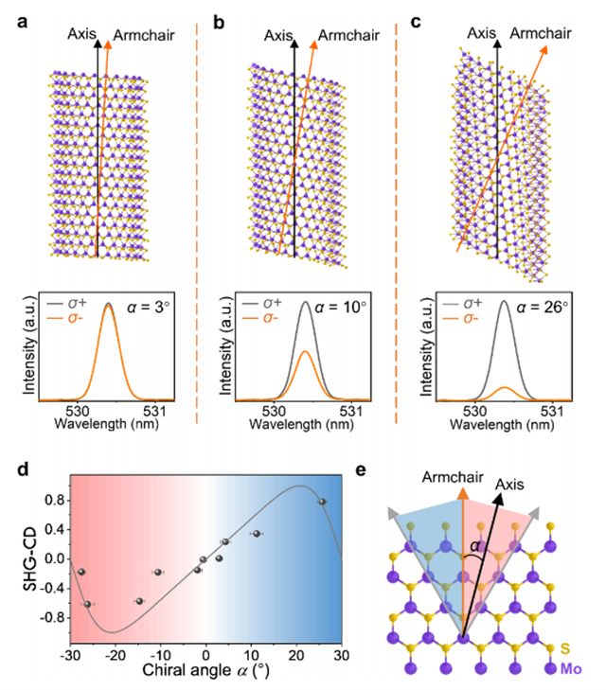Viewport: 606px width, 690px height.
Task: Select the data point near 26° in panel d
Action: pos(323,502)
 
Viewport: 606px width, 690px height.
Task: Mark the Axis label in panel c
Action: pos(482,34)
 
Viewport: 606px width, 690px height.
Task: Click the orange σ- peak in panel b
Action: pos(306,355)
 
